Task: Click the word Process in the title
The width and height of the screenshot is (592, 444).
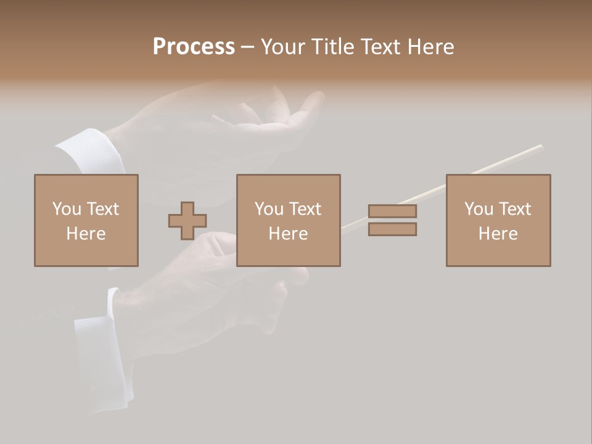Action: click(x=194, y=46)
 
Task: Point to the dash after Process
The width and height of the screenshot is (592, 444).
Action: click(x=247, y=47)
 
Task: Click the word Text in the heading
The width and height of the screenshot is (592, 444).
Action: click(x=379, y=46)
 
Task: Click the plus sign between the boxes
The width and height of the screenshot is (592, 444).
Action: click(x=187, y=221)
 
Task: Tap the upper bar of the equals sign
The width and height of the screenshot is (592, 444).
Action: click(x=392, y=211)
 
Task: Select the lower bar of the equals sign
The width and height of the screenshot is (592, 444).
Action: click(x=392, y=229)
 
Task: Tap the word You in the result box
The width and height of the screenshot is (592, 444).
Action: click(x=479, y=209)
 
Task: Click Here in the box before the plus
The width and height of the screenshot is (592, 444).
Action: click(x=86, y=234)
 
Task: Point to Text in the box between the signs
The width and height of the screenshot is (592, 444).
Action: click(x=305, y=209)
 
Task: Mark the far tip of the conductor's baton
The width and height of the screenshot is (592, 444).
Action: click(x=541, y=146)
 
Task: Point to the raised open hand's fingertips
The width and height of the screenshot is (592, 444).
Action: click(x=317, y=97)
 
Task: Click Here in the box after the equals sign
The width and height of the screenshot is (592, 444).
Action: click(x=498, y=234)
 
